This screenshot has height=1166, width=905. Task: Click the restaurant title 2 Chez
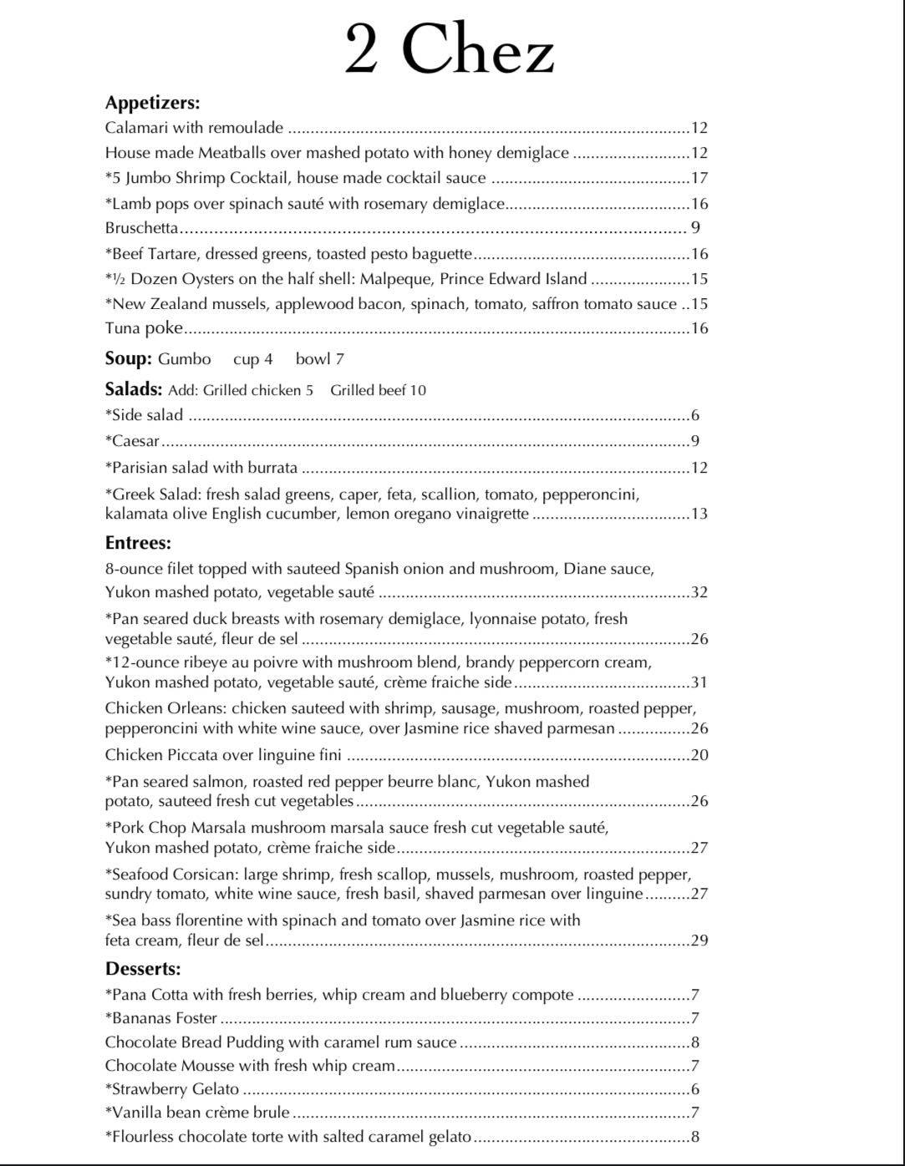pos(450,49)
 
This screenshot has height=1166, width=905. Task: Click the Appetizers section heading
pos(152,103)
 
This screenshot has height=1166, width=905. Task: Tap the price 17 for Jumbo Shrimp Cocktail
pos(699,178)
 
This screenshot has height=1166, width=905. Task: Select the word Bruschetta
pos(141,227)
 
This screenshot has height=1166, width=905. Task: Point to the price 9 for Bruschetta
pos(695,227)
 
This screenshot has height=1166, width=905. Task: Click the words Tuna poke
pos(144,328)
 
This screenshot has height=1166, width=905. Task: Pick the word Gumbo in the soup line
pos(184,359)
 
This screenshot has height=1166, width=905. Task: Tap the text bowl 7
pos(319,359)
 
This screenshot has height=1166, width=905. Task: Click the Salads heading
pos(132,389)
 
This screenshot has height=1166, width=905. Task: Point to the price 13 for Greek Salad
pos(699,514)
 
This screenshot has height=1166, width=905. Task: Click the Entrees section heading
pos(138,543)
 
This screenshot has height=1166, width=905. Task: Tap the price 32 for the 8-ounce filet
pos(699,593)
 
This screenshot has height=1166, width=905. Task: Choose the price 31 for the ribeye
pos(699,682)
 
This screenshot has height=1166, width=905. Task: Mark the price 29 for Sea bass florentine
pos(699,940)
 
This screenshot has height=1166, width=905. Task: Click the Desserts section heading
pos(143,969)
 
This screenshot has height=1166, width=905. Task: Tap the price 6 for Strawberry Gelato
pos(695,1089)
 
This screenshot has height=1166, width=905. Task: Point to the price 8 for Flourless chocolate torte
pos(695,1137)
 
